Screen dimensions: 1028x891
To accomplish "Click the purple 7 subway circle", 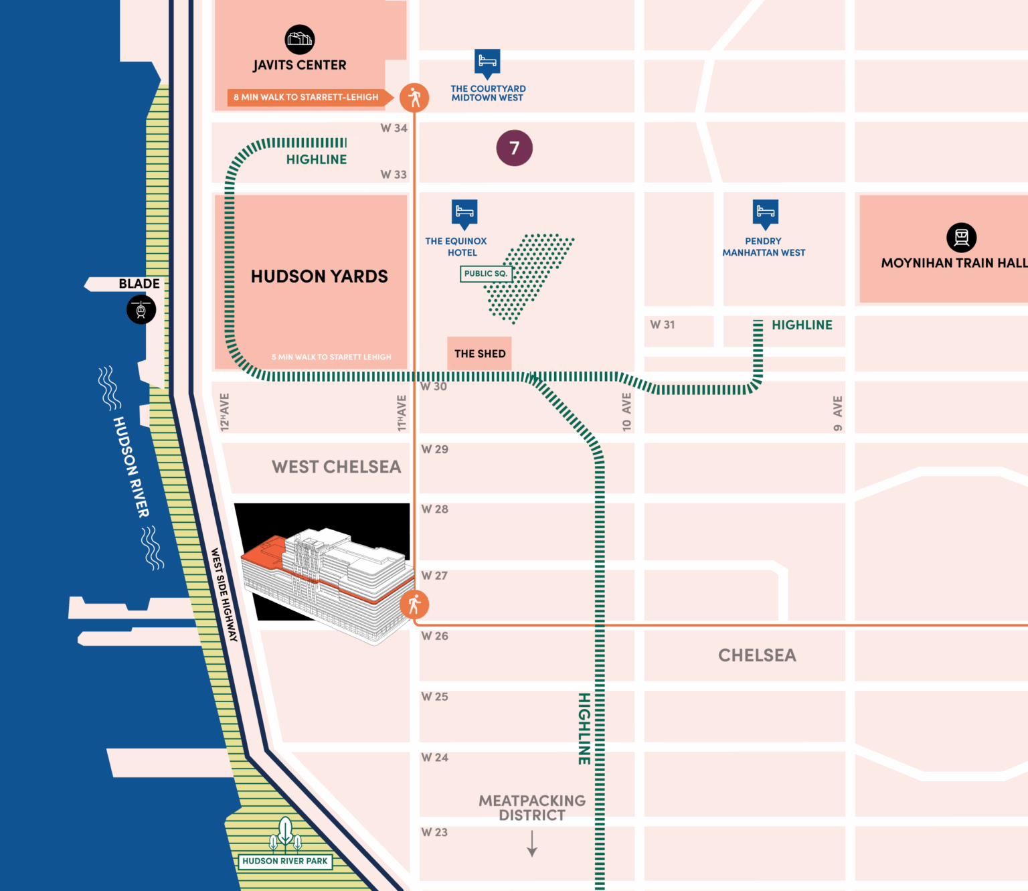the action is [514, 148].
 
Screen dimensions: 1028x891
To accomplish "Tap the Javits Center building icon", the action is [299, 39].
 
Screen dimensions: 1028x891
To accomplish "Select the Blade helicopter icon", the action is [141, 309].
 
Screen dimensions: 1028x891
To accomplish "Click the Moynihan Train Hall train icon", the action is [961, 237].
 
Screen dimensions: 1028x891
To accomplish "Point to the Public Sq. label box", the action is [486, 274].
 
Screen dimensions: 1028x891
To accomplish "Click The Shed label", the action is [479, 353].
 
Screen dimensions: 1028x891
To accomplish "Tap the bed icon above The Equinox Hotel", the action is [464, 214].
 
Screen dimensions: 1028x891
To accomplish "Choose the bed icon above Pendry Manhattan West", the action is [766, 214].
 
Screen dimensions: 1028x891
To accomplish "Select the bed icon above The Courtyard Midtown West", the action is [487, 64].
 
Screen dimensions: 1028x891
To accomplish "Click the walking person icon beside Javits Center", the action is [414, 98].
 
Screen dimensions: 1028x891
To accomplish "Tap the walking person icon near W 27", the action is [414, 604].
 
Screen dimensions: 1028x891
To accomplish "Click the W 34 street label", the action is [394, 128].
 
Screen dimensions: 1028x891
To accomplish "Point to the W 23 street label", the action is [434, 832].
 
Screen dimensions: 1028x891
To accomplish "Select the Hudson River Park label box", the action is [285, 861].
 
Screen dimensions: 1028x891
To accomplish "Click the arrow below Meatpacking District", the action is [532, 843].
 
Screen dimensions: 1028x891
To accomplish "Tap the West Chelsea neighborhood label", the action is [336, 467].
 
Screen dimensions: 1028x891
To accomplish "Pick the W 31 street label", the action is [663, 325].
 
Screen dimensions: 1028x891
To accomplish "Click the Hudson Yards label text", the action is [319, 276].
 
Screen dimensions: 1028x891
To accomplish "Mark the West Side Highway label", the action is [224, 595].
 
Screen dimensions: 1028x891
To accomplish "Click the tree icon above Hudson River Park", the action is [285, 833].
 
